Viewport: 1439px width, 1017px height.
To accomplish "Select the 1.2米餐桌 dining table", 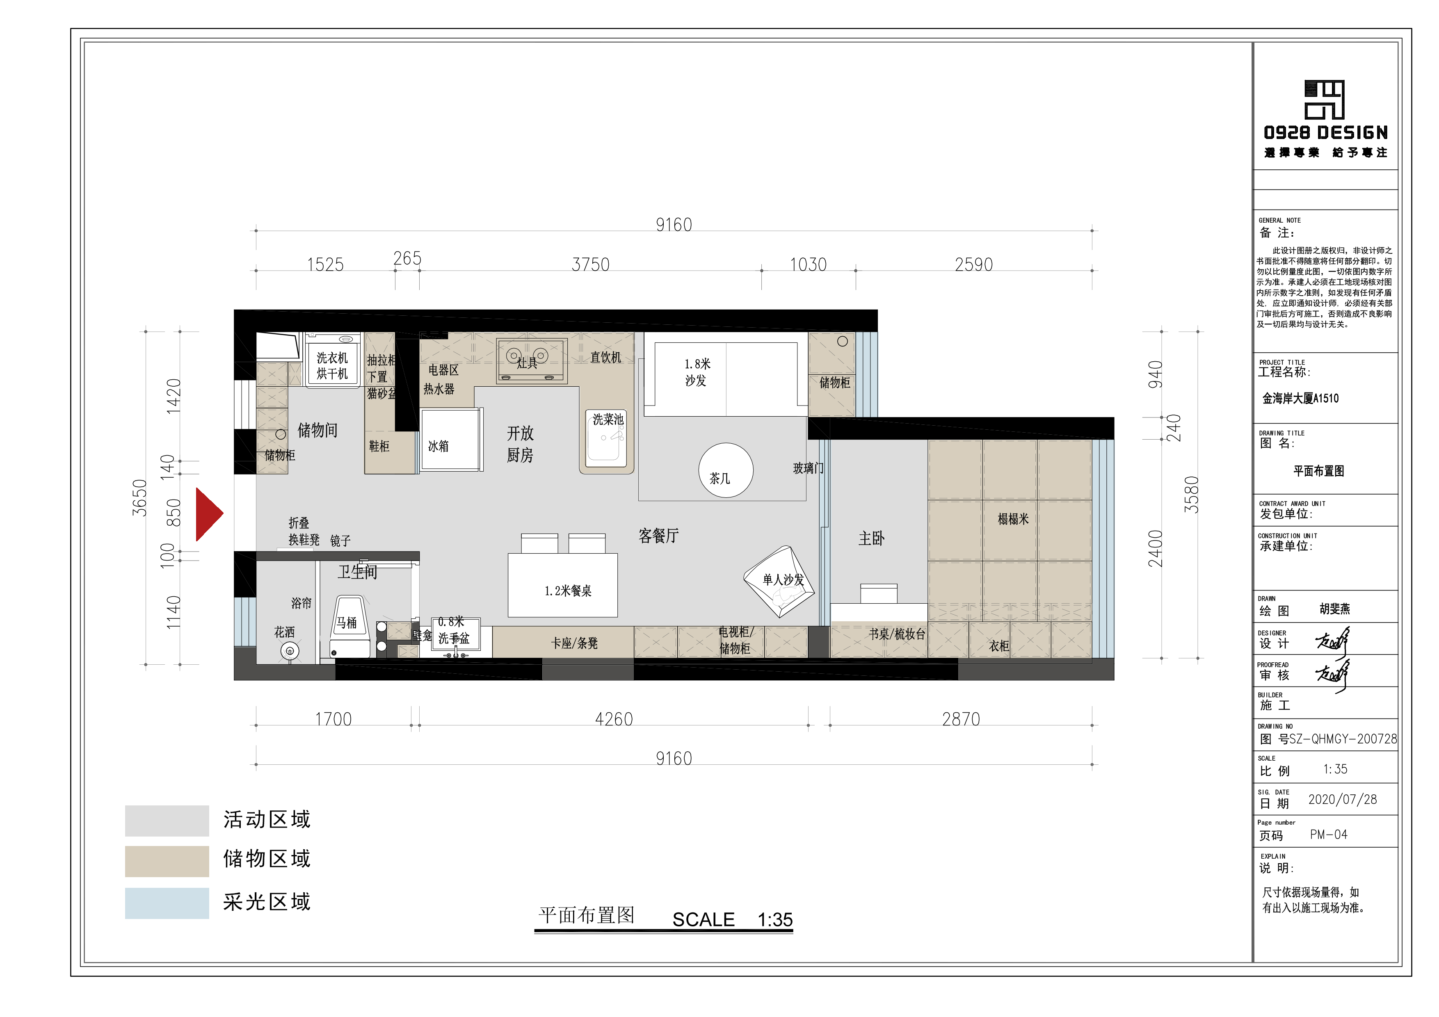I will (x=563, y=585).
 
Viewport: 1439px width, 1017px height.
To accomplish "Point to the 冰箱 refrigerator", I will (x=449, y=440).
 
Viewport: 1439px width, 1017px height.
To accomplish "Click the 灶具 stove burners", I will (x=532, y=361).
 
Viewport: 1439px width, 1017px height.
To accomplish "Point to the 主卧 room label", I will (x=871, y=538).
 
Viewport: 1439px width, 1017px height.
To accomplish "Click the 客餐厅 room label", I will (x=658, y=536).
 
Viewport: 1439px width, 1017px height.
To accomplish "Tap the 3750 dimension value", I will (x=590, y=265).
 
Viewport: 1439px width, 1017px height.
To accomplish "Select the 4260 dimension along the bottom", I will (x=614, y=719).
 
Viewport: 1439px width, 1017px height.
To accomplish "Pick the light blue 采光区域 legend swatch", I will (x=167, y=903).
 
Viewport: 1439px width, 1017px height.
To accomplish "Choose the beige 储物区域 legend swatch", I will (x=167, y=861).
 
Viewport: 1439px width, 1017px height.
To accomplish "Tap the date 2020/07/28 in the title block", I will (x=1343, y=800).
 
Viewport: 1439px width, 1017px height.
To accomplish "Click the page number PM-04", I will (x=1328, y=835).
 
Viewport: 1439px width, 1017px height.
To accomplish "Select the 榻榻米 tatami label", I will (x=1013, y=519).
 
